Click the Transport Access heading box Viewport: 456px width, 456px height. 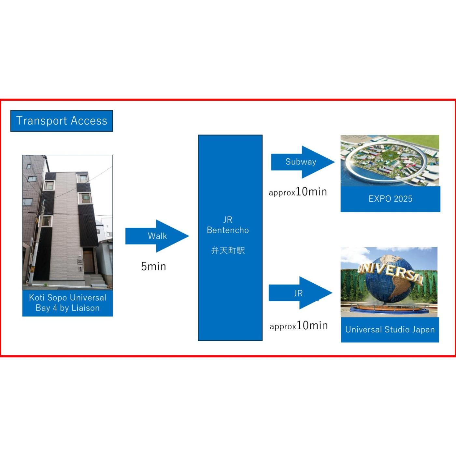tap(62, 121)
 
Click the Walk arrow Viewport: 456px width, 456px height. tap(157, 236)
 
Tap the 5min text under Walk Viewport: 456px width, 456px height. tap(153, 266)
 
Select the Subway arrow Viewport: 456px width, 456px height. tap(301, 162)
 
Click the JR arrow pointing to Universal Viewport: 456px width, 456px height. tap(299, 293)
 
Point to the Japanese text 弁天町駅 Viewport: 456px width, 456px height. tap(228, 250)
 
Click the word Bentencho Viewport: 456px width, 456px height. tap(228, 230)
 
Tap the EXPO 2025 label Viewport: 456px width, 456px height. tap(390, 199)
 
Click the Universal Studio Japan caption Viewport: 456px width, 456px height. tap(390, 330)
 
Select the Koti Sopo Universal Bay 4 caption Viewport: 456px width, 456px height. tap(67, 303)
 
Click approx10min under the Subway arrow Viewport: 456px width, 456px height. tap(298, 192)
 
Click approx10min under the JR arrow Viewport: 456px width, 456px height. tap(299, 325)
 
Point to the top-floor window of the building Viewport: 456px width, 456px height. tap(82, 178)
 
